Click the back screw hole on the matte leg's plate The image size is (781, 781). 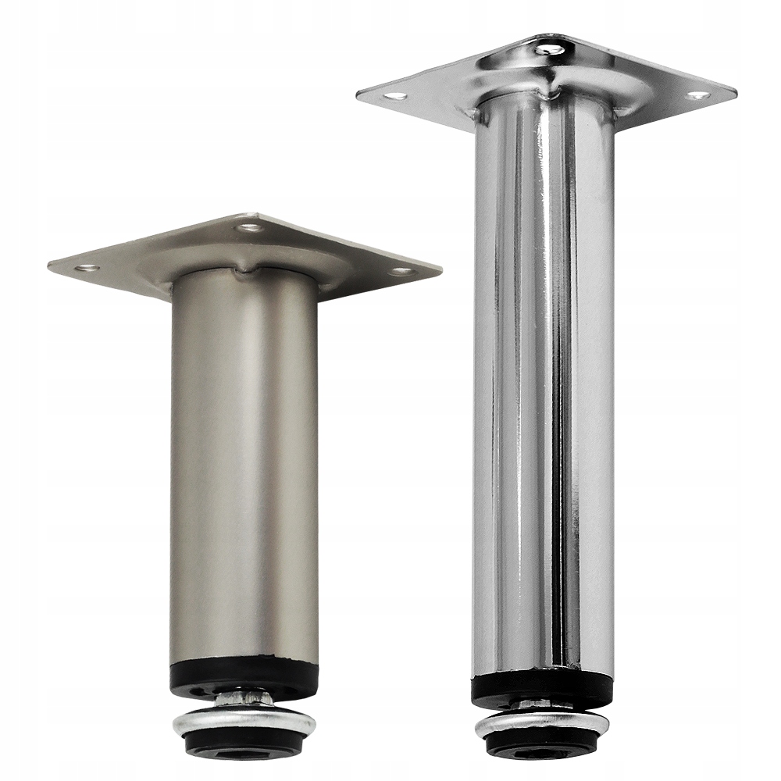tap(251, 228)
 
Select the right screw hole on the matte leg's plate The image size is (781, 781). tap(403, 272)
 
